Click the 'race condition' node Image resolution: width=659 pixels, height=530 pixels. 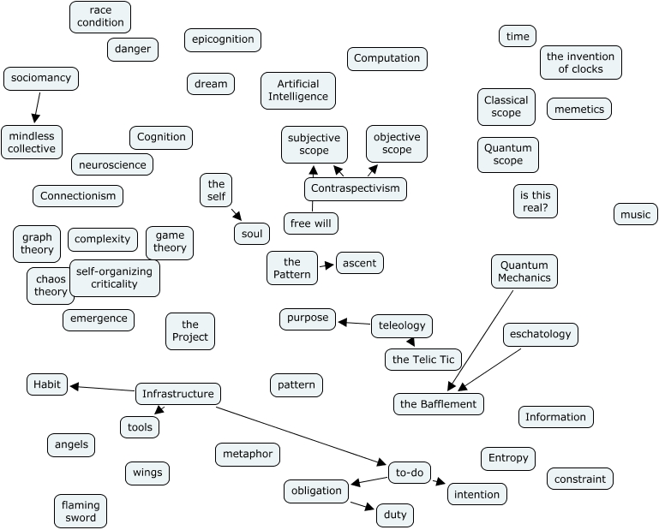point(100,17)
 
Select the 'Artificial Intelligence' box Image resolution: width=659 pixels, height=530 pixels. point(298,90)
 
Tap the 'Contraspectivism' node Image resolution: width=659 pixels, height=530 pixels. point(355,188)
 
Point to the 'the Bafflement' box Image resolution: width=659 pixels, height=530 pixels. point(440,403)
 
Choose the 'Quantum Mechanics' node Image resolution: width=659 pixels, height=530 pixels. point(524,271)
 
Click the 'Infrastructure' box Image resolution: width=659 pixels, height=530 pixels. point(178,394)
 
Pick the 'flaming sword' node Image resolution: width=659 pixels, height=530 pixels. point(81,511)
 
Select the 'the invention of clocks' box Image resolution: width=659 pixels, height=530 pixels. point(581,63)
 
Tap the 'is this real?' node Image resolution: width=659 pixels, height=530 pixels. point(535,201)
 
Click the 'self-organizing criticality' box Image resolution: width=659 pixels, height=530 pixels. point(114,277)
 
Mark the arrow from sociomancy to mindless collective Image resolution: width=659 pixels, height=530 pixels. point(37,107)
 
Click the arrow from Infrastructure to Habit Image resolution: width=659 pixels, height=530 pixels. point(103,388)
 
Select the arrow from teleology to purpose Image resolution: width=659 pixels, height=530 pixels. point(355,324)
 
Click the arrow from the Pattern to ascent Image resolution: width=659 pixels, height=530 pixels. point(327,266)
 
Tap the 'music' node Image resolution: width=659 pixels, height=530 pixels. point(636,214)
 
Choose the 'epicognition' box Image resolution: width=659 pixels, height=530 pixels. point(223,39)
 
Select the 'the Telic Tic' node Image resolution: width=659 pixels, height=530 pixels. point(424,359)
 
